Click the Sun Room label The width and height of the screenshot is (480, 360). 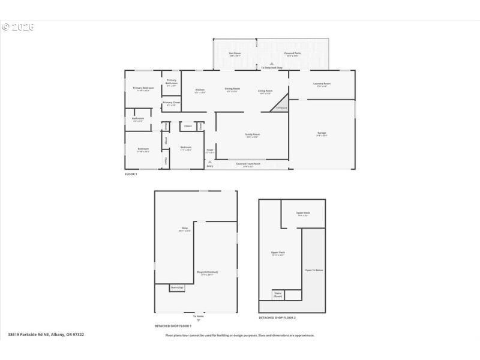point(235,55)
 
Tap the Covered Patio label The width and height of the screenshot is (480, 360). point(293,55)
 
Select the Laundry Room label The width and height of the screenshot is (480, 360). point(322,85)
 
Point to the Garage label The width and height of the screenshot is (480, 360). point(322,133)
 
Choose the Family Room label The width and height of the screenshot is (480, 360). point(252,135)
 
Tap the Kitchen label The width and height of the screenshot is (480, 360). point(200,91)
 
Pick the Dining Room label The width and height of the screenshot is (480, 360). point(232,91)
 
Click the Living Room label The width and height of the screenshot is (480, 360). point(265,92)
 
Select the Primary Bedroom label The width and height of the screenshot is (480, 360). point(143,89)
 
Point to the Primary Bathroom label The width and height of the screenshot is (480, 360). point(172,82)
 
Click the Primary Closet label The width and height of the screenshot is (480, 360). point(172,103)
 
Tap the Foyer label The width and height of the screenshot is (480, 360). point(210,151)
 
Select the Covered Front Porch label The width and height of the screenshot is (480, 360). point(253,164)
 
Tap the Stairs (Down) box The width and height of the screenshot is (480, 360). point(278,295)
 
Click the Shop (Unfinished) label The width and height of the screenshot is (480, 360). point(207,274)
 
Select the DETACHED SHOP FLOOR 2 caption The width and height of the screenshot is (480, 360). point(277,317)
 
